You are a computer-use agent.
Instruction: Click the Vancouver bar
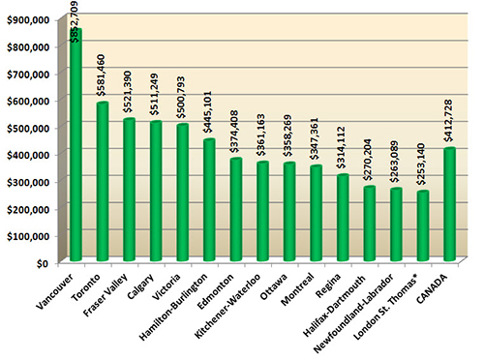tap(76, 145)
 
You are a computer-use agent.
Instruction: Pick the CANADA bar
tap(448, 204)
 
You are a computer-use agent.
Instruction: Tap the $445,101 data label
tap(209, 113)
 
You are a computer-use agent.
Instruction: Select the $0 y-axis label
tap(42, 261)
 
